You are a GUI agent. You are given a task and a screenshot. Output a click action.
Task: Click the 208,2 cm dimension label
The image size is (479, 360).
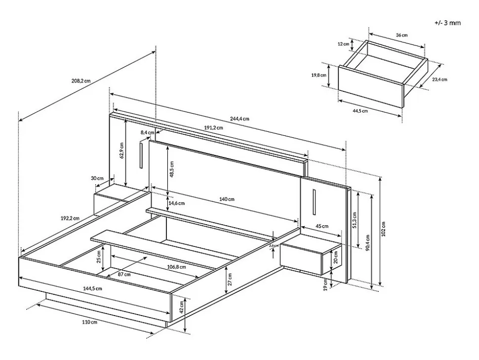[80, 81]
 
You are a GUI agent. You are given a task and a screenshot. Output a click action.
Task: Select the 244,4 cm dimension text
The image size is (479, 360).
[239, 119]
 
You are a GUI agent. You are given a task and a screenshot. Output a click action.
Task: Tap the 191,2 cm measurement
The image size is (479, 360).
[213, 127]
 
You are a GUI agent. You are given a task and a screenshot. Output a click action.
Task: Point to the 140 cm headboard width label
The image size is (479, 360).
[227, 199]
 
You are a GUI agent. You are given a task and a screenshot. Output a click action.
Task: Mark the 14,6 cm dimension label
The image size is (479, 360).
[176, 202]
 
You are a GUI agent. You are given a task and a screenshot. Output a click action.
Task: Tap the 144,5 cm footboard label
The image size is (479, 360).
[92, 288]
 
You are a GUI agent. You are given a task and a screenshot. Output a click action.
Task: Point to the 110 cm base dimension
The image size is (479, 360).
[90, 322]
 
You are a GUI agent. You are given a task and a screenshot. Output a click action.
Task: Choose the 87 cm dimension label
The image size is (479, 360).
[124, 274]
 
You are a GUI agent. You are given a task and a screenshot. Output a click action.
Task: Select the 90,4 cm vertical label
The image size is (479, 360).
[367, 242]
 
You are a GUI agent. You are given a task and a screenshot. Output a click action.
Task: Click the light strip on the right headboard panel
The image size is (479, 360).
[314, 202]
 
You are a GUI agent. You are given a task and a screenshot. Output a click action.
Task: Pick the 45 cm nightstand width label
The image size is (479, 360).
[321, 226]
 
